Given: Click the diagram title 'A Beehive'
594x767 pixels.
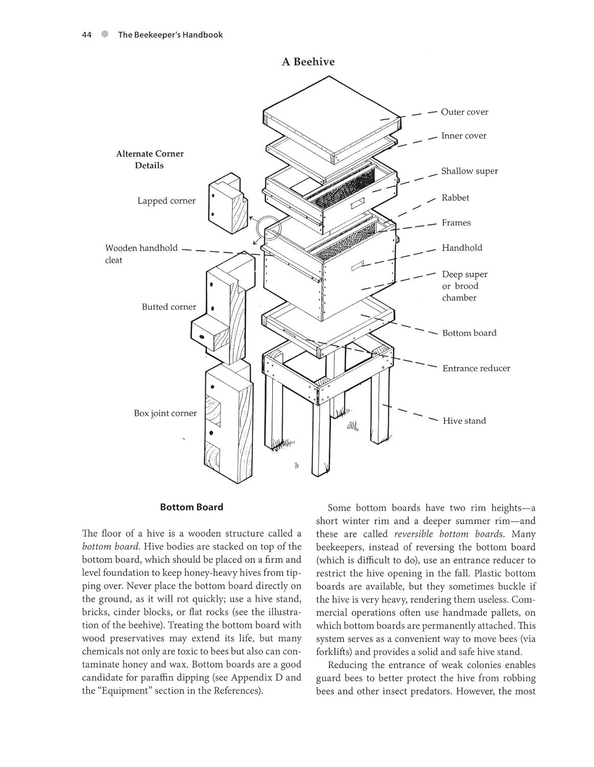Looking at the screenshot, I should coord(308,62).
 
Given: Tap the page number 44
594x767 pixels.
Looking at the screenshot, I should coord(86,35).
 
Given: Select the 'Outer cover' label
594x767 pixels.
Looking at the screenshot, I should coord(464,112).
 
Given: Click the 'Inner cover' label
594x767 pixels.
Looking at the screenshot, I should coord(464,136).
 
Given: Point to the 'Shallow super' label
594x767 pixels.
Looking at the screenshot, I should coord(469,171).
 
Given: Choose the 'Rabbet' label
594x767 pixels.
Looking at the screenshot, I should coord(455,198).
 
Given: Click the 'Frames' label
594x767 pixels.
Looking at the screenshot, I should coord(456,223).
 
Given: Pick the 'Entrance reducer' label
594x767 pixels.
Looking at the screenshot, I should coord(476,368).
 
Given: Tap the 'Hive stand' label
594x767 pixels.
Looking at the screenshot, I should coord(464,421).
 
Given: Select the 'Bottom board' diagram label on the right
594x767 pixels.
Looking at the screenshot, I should coord(469,333).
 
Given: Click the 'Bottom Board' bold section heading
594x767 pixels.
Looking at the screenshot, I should coord(191,507).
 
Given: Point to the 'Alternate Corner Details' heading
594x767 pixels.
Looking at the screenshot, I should coord(149,160).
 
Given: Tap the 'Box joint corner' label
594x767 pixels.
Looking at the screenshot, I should coord(165,413).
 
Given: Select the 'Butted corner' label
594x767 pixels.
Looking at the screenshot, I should coord(169,307).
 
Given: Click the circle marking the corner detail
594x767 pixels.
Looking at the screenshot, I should coord(269,228).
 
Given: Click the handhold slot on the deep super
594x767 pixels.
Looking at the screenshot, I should coord(357,266).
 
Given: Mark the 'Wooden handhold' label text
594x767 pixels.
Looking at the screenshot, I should coord(141,248).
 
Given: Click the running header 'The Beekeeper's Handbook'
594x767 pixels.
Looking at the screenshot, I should coord(170,35).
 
